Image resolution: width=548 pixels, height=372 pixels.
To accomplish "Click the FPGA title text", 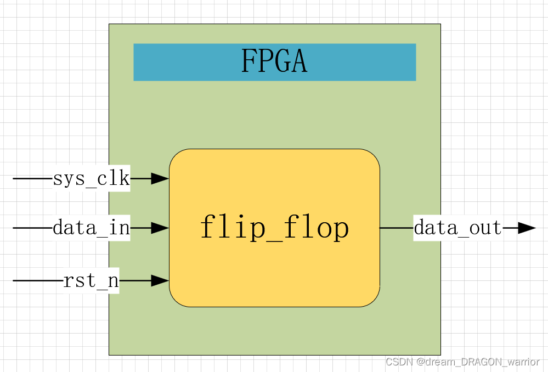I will pyautogui.click(x=274, y=61).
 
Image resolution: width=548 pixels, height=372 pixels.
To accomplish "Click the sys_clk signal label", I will pyautogui.click(x=91, y=179).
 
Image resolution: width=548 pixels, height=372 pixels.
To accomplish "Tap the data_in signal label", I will pyautogui.click(x=91, y=227).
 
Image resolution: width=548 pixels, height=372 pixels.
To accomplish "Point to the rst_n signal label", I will pyautogui.click(x=91, y=281).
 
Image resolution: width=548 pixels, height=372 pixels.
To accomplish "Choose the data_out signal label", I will pyautogui.click(x=457, y=228).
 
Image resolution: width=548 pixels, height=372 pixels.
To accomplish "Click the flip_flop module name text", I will pyautogui.click(x=274, y=228).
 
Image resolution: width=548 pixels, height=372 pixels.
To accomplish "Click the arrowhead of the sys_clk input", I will pyautogui.click(x=160, y=178).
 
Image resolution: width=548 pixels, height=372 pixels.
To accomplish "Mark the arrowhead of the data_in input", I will pyautogui.click(x=160, y=227).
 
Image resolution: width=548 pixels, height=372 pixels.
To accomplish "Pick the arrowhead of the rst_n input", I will pyautogui.click(x=160, y=281).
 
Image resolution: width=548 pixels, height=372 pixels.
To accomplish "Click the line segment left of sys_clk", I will pyautogui.click(x=32, y=179).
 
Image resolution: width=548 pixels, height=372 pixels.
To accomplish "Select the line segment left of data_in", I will pyautogui.click(x=32, y=227).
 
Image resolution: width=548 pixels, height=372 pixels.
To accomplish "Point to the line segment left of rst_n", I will pyautogui.click(x=36, y=281).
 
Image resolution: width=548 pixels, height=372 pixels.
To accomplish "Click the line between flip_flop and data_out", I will pyautogui.click(x=396, y=228).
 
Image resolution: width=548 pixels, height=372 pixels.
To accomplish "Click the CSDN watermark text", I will pyautogui.click(x=462, y=362).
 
